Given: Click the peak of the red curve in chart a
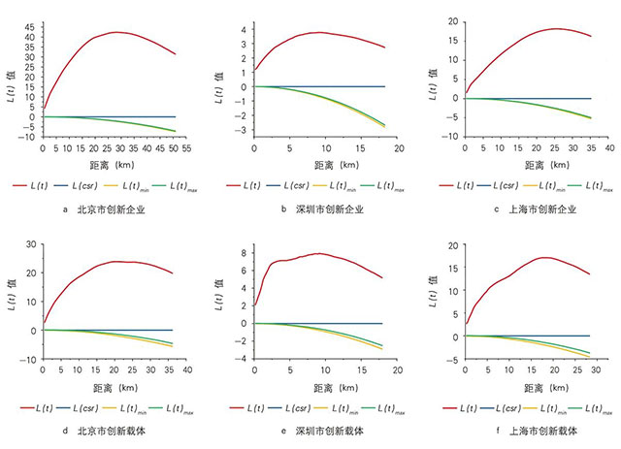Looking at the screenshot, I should tap(116, 32).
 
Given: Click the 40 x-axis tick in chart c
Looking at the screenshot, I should tap(609, 148).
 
